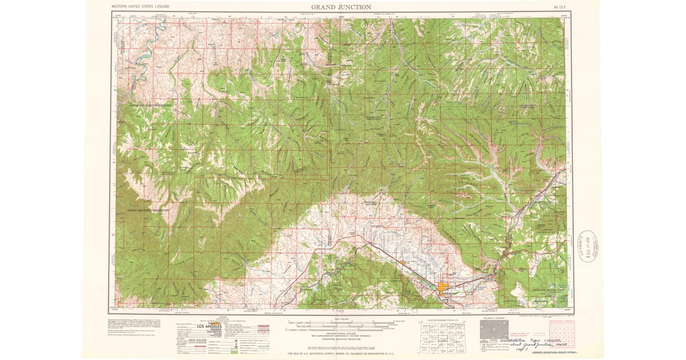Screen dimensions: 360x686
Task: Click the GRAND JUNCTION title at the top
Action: pyautogui.click(x=341, y=7)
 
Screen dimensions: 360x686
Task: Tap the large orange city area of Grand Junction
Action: pyautogui.click(x=445, y=287)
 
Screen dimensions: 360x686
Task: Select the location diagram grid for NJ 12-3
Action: pyautogui.click(x=443, y=336)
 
